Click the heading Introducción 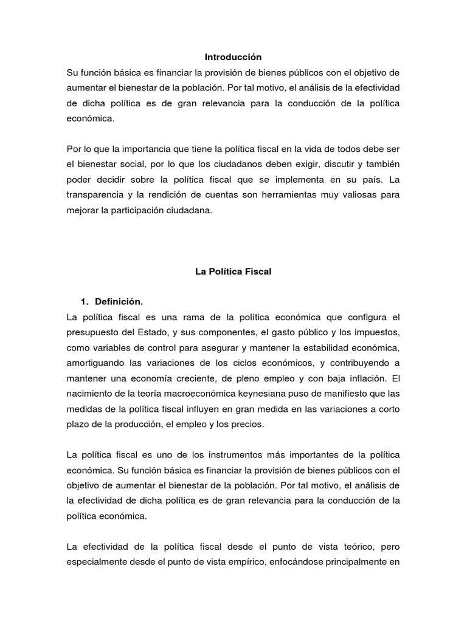233,57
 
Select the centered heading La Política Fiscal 233,272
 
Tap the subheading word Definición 119,302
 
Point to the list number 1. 84,302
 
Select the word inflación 359,378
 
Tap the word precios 247,425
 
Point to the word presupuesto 93,332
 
